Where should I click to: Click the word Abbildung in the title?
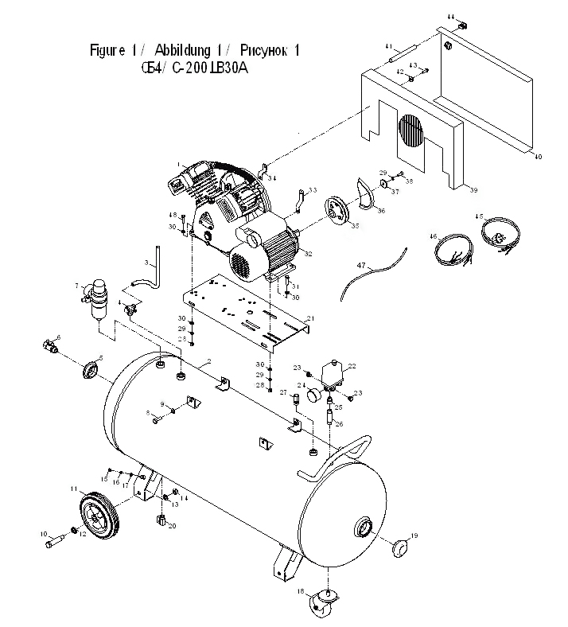click(185, 51)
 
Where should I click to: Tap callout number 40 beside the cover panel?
click(538, 158)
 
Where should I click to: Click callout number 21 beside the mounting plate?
click(311, 319)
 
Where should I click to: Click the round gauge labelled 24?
click(312, 395)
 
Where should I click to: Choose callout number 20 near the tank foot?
click(172, 527)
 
